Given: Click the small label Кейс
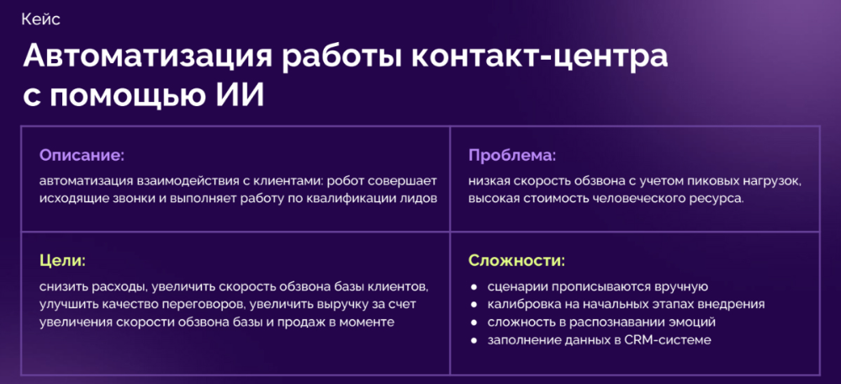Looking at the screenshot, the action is (x=40, y=20).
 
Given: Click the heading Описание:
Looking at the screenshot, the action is (x=82, y=157).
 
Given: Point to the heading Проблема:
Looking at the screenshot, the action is (x=512, y=157).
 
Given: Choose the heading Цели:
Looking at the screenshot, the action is (x=63, y=262).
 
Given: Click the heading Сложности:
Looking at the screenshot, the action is (x=517, y=262).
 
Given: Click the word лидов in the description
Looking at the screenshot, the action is (x=421, y=198).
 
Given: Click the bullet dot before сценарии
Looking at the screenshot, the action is (x=473, y=287).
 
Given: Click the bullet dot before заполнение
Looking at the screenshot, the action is (x=473, y=340).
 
